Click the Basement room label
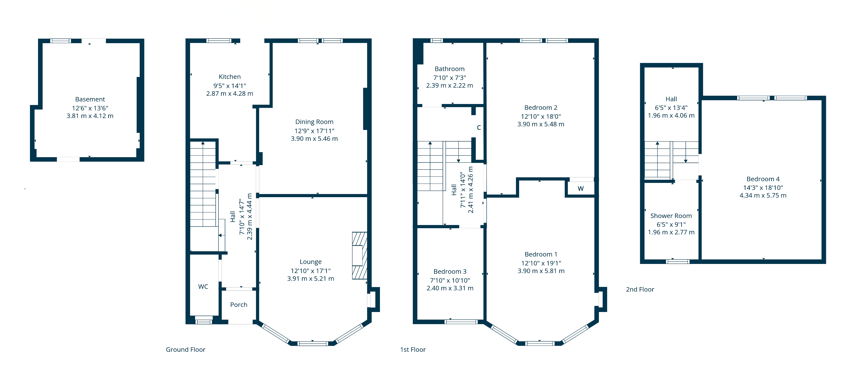pyautogui.click(x=90, y=99)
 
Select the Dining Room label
pyautogui.click(x=314, y=122)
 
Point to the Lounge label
pyautogui.click(x=310, y=262)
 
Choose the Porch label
pyautogui.click(x=239, y=305)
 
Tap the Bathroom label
pyautogui.click(x=449, y=69)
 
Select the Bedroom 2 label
pyautogui.click(x=541, y=108)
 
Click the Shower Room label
pyautogui.click(x=671, y=216)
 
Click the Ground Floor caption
pyautogui.click(x=186, y=350)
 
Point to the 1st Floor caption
pyautogui.click(x=413, y=350)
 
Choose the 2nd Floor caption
pyautogui.click(x=640, y=289)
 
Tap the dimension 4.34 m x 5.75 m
pyautogui.click(x=763, y=195)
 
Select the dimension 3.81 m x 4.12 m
pyautogui.click(x=90, y=116)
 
